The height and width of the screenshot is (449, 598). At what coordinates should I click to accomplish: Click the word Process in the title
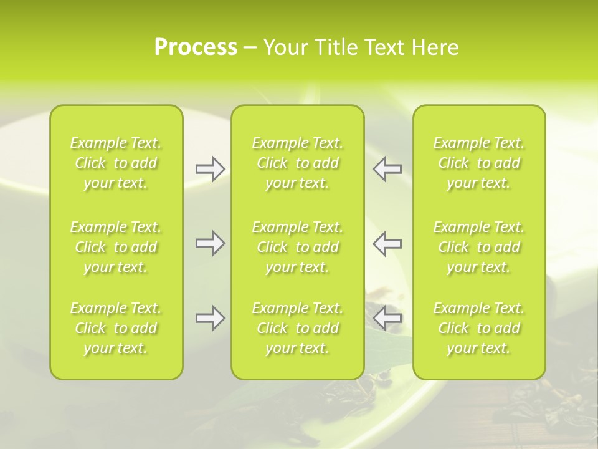(196, 47)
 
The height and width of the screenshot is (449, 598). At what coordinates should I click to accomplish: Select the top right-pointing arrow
(210, 168)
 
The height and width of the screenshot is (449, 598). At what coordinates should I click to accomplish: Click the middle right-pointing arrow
(210, 243)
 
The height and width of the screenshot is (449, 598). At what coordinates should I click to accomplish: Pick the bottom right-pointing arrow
(210, 318)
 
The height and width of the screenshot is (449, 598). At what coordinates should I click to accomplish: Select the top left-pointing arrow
(387, 168)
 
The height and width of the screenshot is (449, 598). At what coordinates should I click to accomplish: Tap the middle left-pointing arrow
(387, 243)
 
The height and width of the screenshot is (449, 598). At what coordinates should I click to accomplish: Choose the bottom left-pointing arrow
(387, 318)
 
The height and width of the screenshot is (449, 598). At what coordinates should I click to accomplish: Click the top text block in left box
(116, 163)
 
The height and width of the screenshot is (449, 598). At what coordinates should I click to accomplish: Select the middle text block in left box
(116, 247)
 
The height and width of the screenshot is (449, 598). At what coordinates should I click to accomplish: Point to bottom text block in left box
(116, 328)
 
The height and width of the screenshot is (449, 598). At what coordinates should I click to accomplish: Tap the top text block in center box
(298, 163)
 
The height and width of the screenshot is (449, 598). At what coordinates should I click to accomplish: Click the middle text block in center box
(298, 247)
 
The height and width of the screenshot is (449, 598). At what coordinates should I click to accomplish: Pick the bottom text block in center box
(298, 328)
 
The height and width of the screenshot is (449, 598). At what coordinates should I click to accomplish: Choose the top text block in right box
(479, 163)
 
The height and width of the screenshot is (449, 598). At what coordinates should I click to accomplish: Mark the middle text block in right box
(479, 247)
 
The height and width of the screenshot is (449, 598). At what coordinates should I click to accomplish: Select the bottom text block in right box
(479, 328)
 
